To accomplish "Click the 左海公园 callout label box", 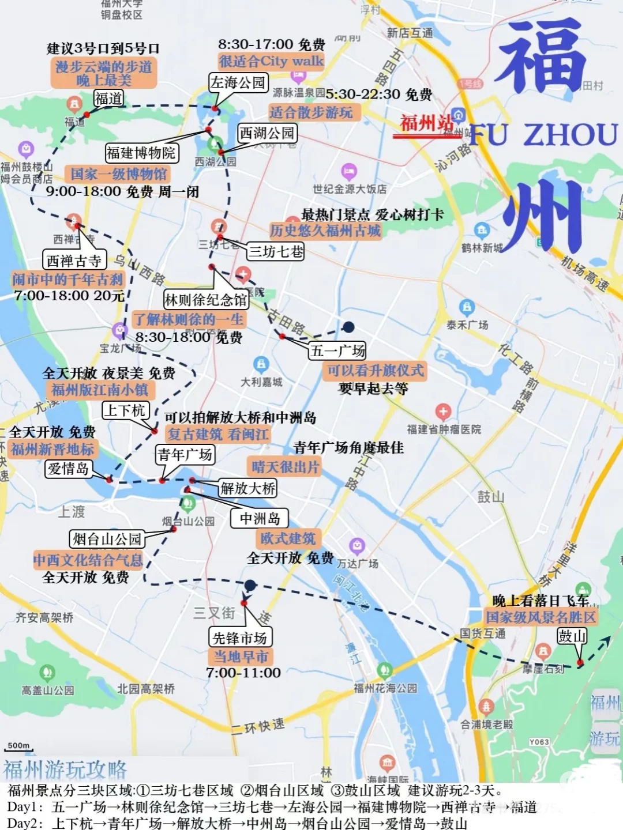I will tap(238, 83).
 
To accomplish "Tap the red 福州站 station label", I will tap(427, 123).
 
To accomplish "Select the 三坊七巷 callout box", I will tap(276, 251).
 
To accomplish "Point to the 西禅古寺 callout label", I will tap(74, 261).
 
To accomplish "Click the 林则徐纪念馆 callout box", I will tap(206, 300).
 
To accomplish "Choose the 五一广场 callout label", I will tap(337, 350).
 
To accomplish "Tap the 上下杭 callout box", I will tap(125, 410).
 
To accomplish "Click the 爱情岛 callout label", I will tap(69, 469).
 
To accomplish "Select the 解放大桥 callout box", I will tap(248, 489).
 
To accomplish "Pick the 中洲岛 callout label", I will tap(260, 519).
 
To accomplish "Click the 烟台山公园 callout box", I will tap(107, 539).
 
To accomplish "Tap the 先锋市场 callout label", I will tap(239, 637).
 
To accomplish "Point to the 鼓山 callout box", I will tap(572, 636).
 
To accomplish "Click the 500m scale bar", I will tap(19, 748).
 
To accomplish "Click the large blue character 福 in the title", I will tap(539, 55).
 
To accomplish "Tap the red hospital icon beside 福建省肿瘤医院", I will tap(443, 412).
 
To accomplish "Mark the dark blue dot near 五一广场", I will tap(348, 327).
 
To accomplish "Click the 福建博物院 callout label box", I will tap(141, 153).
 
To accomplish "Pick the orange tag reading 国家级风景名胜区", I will tap(541, 617).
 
